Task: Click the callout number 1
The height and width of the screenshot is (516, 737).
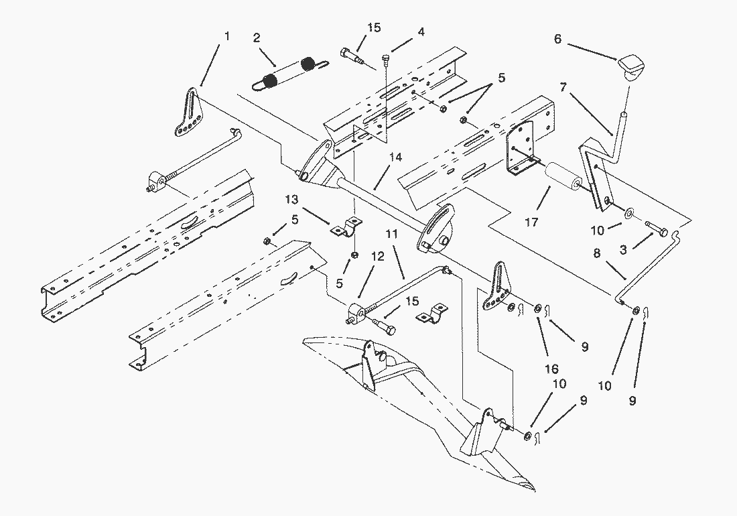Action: pos(226,36)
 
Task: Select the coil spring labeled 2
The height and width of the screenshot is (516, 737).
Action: pos(288,72)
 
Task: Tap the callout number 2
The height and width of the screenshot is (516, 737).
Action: pos(257,37)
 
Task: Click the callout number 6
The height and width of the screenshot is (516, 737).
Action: pos(557,40)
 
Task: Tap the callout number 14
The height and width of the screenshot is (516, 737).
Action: pos(395,157)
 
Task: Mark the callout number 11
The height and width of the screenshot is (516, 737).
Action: pos(392,235)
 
